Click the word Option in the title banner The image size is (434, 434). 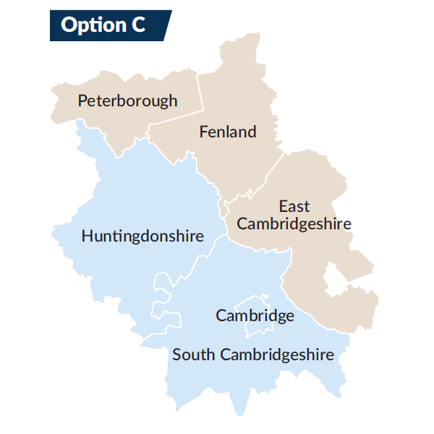coord(88,25)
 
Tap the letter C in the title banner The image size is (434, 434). coord(137,25)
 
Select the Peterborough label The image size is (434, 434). coord(127,101)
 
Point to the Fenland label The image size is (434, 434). coord(228,132)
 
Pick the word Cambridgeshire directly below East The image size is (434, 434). coord(294,224)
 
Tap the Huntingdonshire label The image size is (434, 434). coord(142,237)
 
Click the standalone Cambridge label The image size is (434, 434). coord(255,315)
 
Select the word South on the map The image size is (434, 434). coord(193,354)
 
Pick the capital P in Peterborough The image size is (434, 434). coord(83,101)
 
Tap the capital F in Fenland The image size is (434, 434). coord(204,132)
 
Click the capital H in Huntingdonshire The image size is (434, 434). coord(87,237)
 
